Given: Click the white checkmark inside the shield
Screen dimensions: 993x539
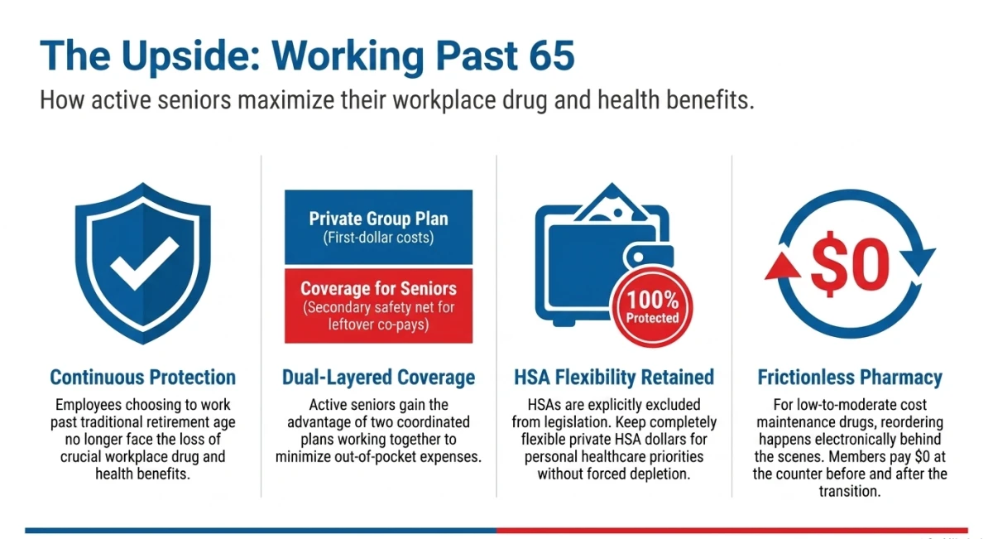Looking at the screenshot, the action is click(x=145, y=262).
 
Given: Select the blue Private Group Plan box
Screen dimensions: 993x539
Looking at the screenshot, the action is click(x=379, y=227).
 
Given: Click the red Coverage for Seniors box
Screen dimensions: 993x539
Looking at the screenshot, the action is click(x=379, y=306).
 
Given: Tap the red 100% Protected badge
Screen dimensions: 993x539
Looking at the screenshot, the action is click(x=652, y=307).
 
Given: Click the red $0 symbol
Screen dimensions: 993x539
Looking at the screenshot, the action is click(x=850, y=264).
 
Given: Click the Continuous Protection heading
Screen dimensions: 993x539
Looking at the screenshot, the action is click(x=142, y=377).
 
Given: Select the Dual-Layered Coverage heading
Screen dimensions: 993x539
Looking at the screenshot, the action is click(x=379, y=378).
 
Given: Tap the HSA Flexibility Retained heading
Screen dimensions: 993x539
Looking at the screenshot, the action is click(x=614, y=378).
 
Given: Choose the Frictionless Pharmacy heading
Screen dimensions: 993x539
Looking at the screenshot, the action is click(x=850, y=378).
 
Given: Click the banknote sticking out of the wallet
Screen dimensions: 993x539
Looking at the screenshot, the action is click(x=612, y=203).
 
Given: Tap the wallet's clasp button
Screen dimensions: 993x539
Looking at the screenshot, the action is click(x=638, y=257).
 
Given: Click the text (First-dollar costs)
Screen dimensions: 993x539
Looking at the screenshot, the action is click(x=379, y=238).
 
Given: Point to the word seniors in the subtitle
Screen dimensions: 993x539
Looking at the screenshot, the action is click(x=194, y=100).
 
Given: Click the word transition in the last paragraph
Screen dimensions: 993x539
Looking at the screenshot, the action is click(x=849, y=491).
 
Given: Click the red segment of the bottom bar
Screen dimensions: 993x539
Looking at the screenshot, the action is click(x=732, y=531).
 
